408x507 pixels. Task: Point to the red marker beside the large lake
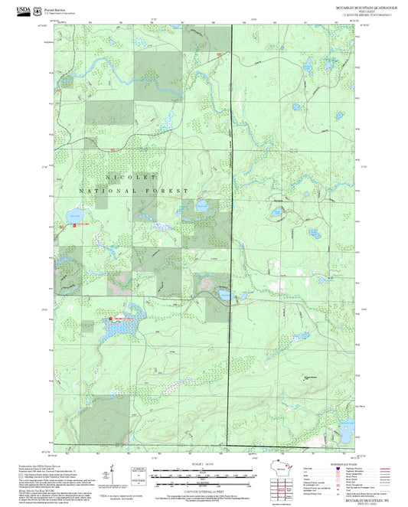pyautogui.click(x=110, y=318)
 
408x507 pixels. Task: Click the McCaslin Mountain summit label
pyautogui.click(x=308, y=375)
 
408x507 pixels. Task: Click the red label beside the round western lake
pyautogui.click(x=81, y=224)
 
